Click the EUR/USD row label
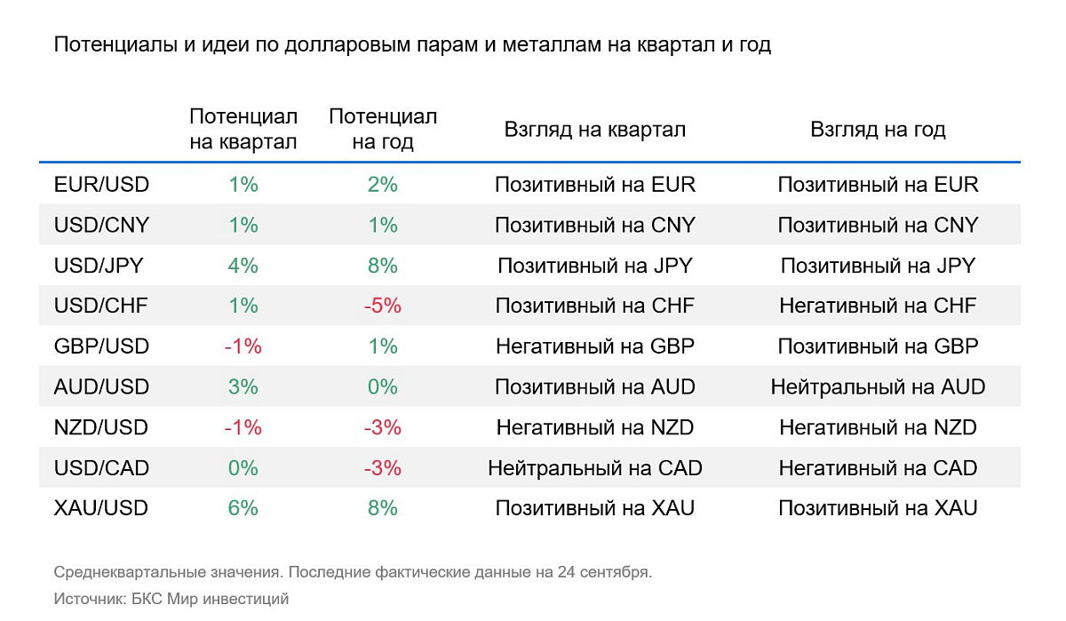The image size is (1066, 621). (101, 185)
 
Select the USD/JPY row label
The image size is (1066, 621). (99, 266)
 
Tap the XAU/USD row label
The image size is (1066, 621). (101, 508)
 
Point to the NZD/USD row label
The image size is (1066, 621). (101, 427)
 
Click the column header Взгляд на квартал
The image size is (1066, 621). (595, 130)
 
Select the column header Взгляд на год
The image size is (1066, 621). (878, 130)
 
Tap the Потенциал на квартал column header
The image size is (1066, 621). (243, 130)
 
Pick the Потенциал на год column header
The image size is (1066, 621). (383, 130)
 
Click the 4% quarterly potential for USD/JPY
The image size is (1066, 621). (243, 266)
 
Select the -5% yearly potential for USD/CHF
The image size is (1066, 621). (383, 306)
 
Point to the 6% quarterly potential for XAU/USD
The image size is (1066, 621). (243, 508)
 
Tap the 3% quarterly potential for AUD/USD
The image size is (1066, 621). (243, 387)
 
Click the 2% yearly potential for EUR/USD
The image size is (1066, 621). (383, 185)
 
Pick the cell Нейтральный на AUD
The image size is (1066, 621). (878, 387)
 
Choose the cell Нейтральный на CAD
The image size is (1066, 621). (595, 468)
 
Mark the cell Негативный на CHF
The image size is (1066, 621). (878, 306)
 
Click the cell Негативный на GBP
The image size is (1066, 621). (595, 346)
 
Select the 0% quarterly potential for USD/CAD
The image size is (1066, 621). (243, 468)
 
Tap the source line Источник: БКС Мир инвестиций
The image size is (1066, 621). (171, 599)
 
